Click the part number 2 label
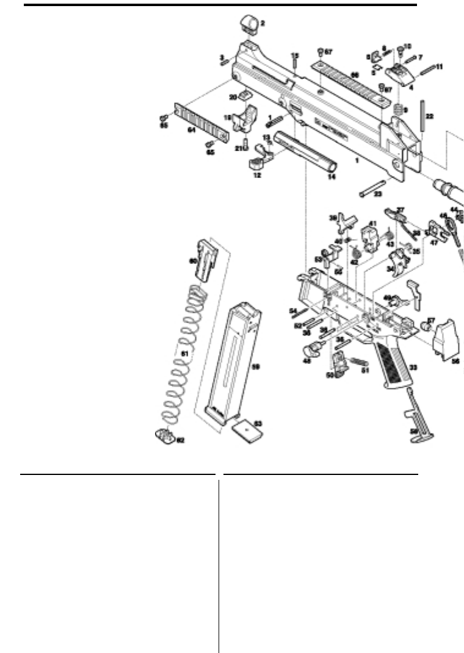click(x=263, y=24)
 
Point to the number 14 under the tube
click(x=332, y=177)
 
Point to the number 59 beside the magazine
click(x=256, y=366)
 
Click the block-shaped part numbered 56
click(x=445, y=343)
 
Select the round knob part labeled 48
click(x=314, y=350)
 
